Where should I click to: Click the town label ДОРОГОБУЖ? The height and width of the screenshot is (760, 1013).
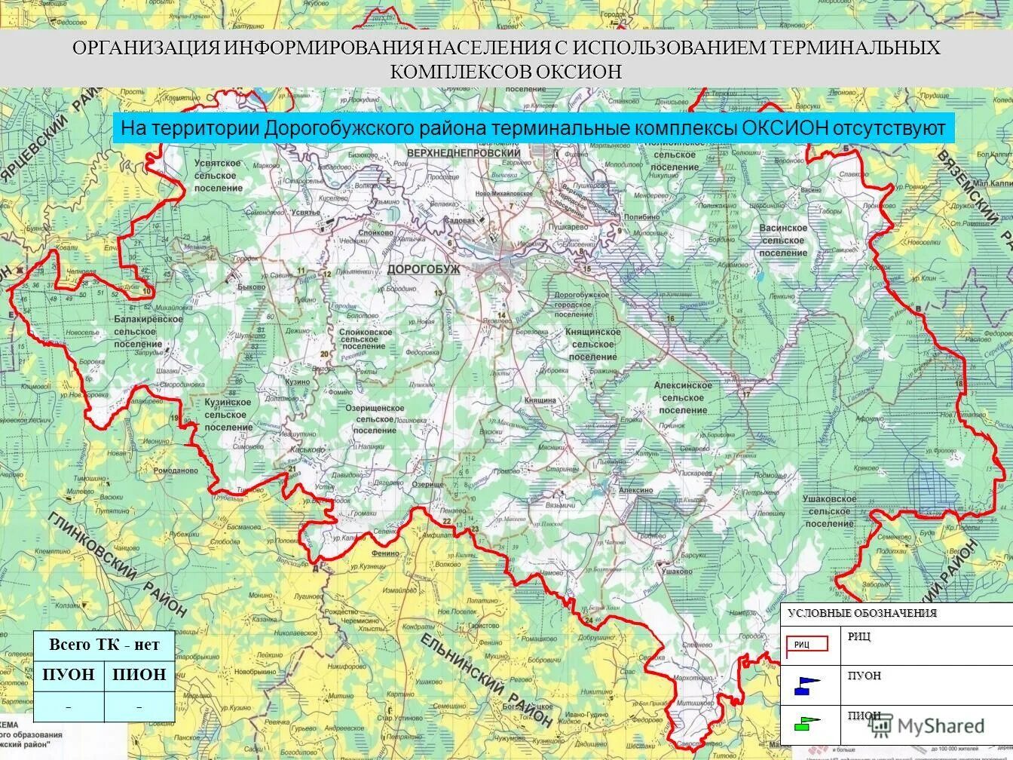(423, 269)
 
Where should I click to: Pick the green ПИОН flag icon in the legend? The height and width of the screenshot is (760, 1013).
(806, 723)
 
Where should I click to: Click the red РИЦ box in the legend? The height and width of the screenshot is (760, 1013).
(808, 644)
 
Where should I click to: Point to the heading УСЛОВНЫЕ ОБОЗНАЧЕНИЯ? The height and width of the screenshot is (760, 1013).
(862, 613)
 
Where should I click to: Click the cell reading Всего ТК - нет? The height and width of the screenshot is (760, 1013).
(104, 645)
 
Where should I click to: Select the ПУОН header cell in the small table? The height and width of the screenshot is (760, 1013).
(69, 675)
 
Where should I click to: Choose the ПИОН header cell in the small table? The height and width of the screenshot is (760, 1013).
(139, 675)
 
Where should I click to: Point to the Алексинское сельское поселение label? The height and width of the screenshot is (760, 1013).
(683, 397)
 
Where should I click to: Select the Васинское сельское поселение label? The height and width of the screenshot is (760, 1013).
(783, 240)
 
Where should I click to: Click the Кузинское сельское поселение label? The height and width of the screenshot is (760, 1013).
(228, 415)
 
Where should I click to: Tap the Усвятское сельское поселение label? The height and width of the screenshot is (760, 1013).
(218, 175)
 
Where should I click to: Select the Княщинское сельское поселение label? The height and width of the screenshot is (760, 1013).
(593, 344)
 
